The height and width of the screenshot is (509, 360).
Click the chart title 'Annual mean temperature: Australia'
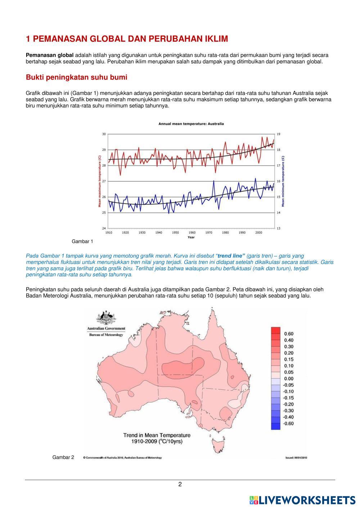point(191,124)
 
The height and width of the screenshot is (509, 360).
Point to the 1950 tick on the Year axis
point(175,233)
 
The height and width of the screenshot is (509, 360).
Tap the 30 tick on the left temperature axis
point(104,134)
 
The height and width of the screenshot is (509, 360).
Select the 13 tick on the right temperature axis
point(278,228)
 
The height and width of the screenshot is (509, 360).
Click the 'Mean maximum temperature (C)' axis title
point(99,181)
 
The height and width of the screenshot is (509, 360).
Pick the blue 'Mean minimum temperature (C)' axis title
point(283,181)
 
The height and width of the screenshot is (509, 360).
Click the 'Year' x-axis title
point(191,237)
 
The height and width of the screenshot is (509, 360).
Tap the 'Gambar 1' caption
point(82,241)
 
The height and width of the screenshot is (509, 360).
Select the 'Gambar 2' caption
point(63,457)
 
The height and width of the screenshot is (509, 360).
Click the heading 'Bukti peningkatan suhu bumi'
point(76,77)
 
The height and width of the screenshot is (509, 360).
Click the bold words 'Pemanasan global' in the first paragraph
point(50,55)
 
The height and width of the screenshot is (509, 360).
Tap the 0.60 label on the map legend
point(288,334)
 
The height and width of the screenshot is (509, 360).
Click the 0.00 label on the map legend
point(288,379)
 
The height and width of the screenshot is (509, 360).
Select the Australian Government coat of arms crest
point(106,317)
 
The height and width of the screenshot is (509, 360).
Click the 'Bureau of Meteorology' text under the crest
point(106,335)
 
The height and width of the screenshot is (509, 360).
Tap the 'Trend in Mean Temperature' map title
point(157,435)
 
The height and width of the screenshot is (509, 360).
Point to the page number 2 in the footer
point(180,484)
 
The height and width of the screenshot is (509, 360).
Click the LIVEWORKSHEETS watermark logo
point(302,500)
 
